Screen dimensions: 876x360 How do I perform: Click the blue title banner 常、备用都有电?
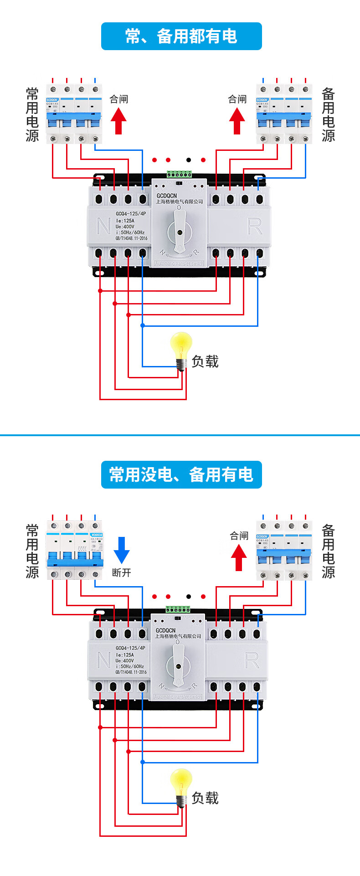click(x=181, y=36)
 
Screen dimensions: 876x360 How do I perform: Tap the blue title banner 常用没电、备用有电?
click(x=181, y=474)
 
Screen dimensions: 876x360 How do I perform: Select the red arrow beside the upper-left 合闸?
click(x=118, y=121)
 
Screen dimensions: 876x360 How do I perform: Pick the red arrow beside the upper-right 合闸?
click(x=237, y=121)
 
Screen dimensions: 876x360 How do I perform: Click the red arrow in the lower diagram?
click(x=239, y=557)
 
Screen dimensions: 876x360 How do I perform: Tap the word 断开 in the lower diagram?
click(x=121, y=572)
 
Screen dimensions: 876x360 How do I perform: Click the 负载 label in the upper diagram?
click(x=205, y=361)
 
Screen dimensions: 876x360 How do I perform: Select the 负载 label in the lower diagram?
click(x=205, y=798)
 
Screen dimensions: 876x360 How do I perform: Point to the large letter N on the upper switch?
click(x=104, y=226)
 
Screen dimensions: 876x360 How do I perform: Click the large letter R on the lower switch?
click(x=252, y=660)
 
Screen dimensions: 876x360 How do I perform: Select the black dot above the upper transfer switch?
click(x=189, y=160)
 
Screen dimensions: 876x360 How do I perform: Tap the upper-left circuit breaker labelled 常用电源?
click(x=74, y=114)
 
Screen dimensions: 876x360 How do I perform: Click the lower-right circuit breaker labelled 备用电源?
click(x=284, y=551)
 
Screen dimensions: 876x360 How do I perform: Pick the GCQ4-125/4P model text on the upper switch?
click(x=131, y=214)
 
